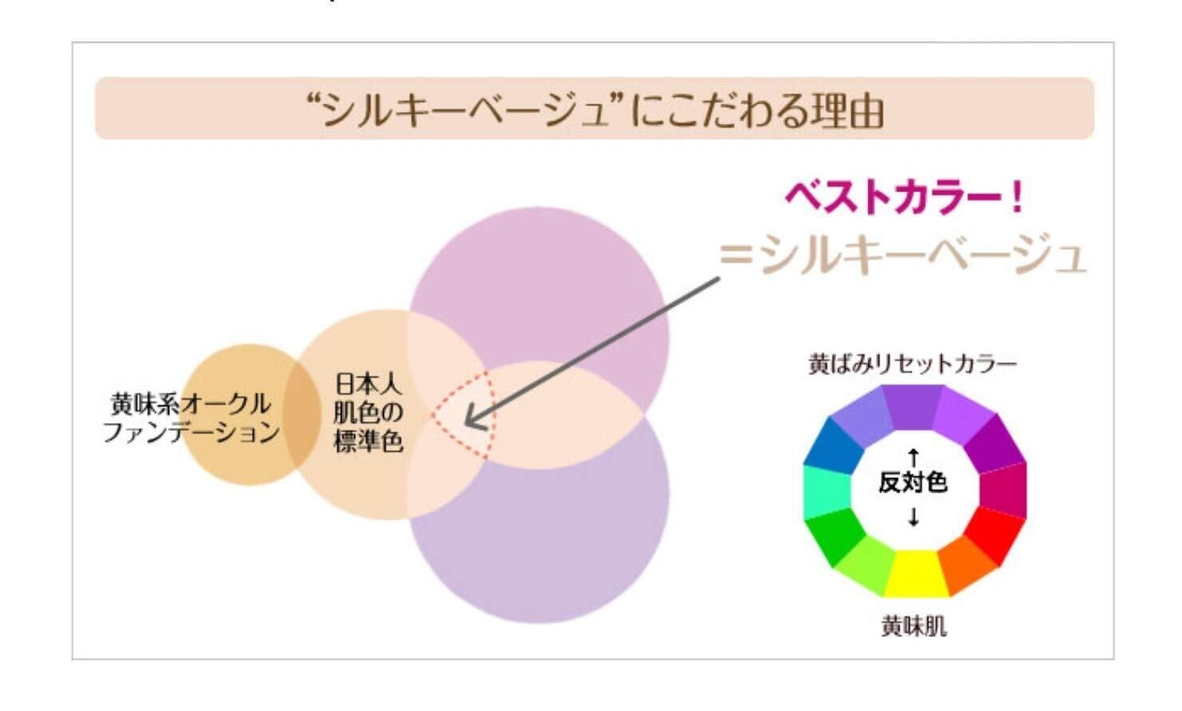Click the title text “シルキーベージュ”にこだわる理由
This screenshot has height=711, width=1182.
pyautogui.click(x=595, y=110)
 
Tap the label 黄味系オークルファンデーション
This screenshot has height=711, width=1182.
pyautogui.click(x=192, y=417)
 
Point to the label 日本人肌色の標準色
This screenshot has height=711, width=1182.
pyautogui.click(x=368, y=413)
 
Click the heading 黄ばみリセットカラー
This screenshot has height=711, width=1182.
pyautogui.click(x=912, y=365)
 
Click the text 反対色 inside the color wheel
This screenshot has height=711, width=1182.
pyautogui.click(x=913, y=482)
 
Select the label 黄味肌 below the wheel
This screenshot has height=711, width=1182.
pyautogui.click(x=914, y=626)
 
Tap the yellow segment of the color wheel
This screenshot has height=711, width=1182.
pyautogui.click(x=915, y=574)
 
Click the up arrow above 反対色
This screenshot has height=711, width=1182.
pyautogui.click(x=914, y=457)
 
